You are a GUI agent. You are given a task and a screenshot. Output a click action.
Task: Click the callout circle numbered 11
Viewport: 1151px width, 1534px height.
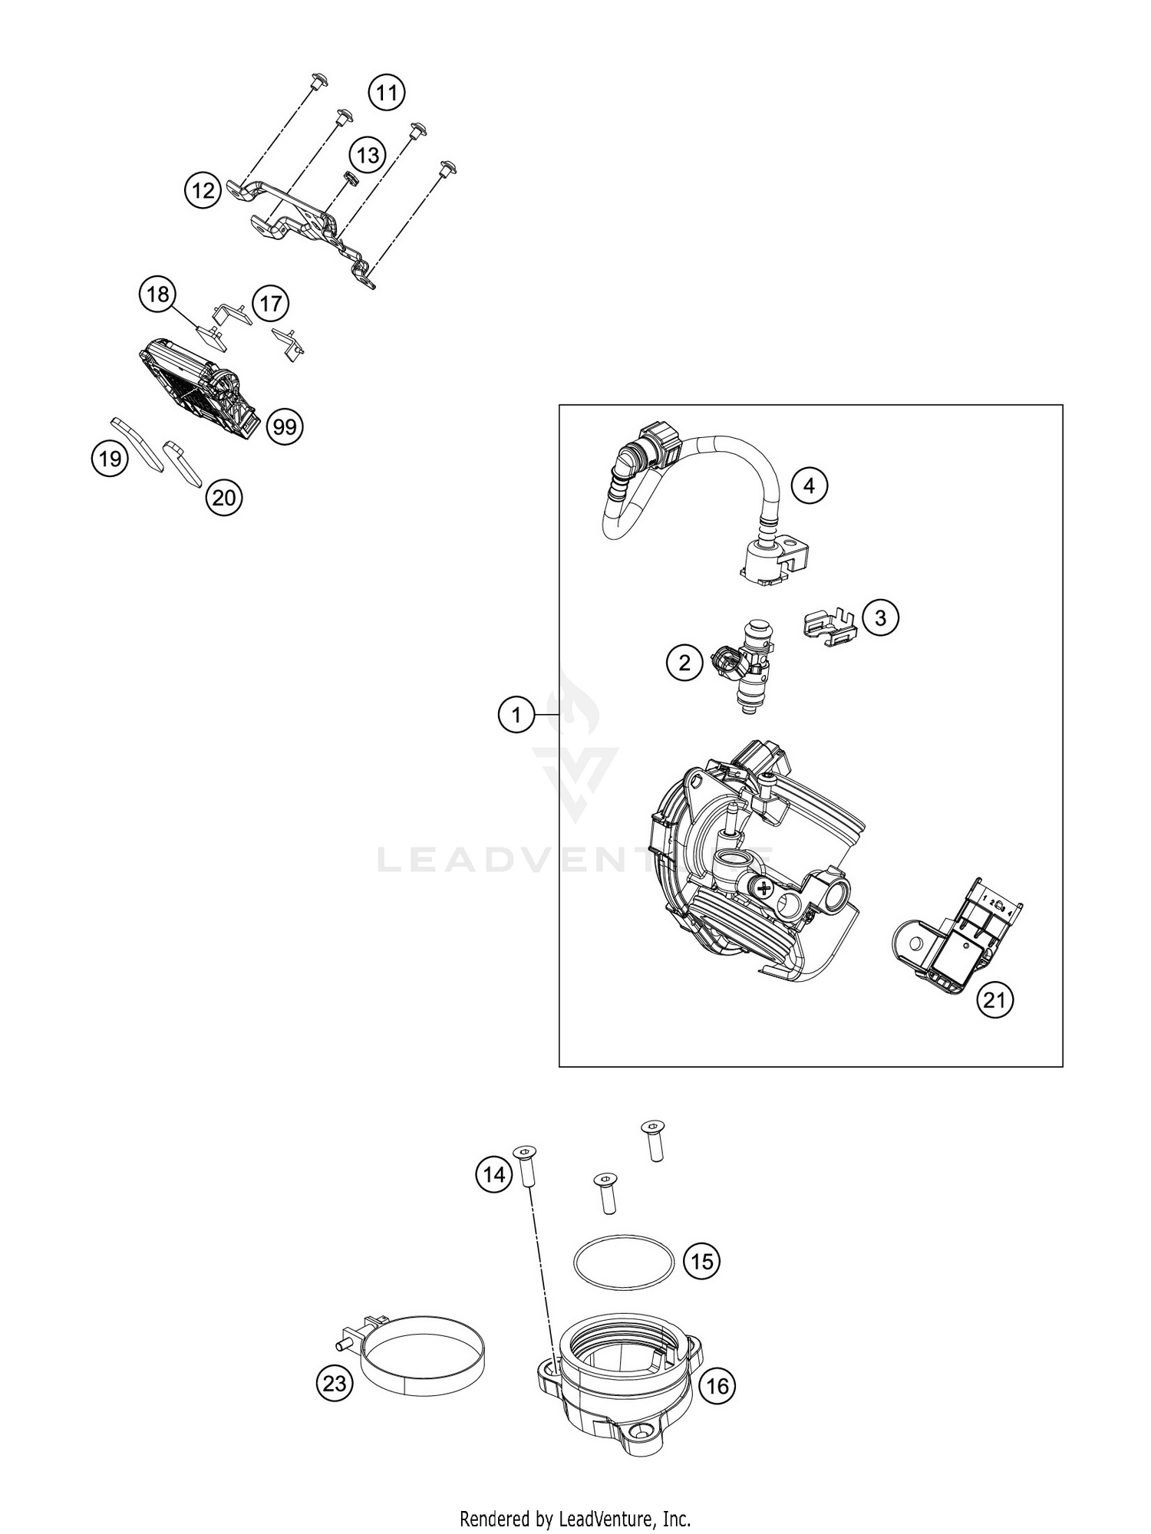click(x=387, y=94)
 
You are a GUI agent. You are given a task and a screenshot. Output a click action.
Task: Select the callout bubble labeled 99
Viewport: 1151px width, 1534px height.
click(x=285, y=426)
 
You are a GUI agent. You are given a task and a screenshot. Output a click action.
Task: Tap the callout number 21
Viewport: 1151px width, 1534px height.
click(x=994, y=1000)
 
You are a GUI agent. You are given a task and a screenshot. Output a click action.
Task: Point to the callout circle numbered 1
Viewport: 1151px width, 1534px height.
click(x=516, y=716)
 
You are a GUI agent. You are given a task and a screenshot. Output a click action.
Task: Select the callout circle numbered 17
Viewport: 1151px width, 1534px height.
click(x=270, y=304)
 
